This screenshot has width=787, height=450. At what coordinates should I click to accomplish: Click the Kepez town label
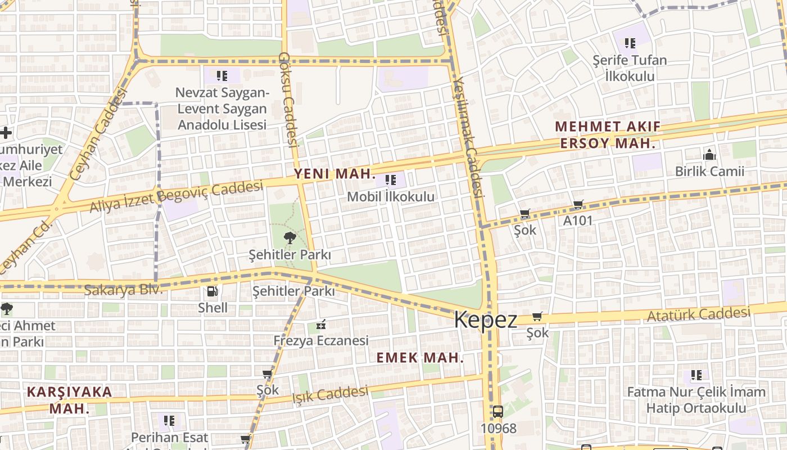[x=485, y=319]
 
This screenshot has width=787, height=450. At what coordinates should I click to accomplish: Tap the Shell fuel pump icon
[x=212, y=291]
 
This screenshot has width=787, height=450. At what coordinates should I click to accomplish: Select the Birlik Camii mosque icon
[x=709, y=154]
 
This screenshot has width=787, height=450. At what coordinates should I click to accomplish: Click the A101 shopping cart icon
[x=578, y=205]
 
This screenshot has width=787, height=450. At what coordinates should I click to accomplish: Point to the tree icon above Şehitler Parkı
[x=290, y=238]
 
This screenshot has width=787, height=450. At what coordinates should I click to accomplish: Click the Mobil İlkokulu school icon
[x=391, y=180]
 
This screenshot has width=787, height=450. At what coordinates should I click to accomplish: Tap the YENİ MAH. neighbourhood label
[x=334, y=174]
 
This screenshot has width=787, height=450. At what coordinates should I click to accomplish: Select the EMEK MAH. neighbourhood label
[x=420, y=358]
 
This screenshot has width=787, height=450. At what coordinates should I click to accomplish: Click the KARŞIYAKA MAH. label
[x=70, y=400]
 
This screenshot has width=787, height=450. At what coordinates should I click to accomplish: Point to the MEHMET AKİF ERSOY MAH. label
[x=608, y=134]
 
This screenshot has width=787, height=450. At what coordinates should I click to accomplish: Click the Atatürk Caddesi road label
[x=699, y=314]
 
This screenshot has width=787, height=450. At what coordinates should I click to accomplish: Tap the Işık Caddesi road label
[x=330, y=394]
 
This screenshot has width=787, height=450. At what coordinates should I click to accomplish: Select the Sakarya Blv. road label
[x=123, y=290]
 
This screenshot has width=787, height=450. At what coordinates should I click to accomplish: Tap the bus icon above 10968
[x=497, y=412]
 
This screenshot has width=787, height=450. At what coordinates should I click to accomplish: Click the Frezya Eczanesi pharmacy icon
[x=321, y=324]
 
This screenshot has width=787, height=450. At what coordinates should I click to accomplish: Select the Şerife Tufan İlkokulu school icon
[x=630, y=43]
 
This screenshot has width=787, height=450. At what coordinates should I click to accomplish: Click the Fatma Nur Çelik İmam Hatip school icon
[x=696, y=375]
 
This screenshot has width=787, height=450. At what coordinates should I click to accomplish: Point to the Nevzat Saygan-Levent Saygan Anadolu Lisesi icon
[x=221, y=75]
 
